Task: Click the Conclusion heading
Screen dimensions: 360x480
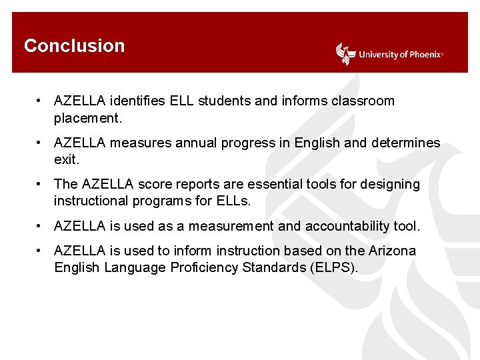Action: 74,46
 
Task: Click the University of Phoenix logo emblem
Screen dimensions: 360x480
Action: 345,54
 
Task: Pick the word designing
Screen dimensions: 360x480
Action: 389,184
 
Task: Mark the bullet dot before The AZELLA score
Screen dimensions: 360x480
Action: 41,184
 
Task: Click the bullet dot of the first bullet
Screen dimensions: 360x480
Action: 41,101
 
